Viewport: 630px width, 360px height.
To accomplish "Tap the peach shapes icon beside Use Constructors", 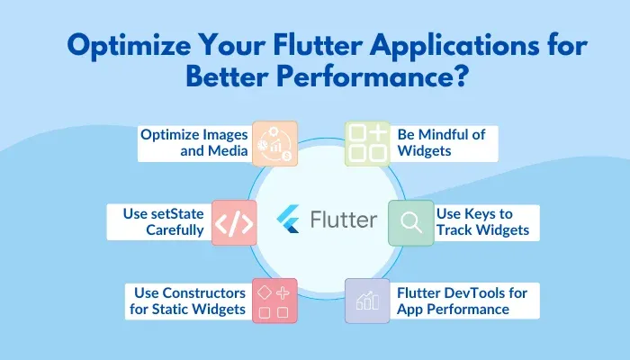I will [x=274, y=302].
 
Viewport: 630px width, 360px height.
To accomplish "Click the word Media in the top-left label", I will [x=226, y=151].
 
